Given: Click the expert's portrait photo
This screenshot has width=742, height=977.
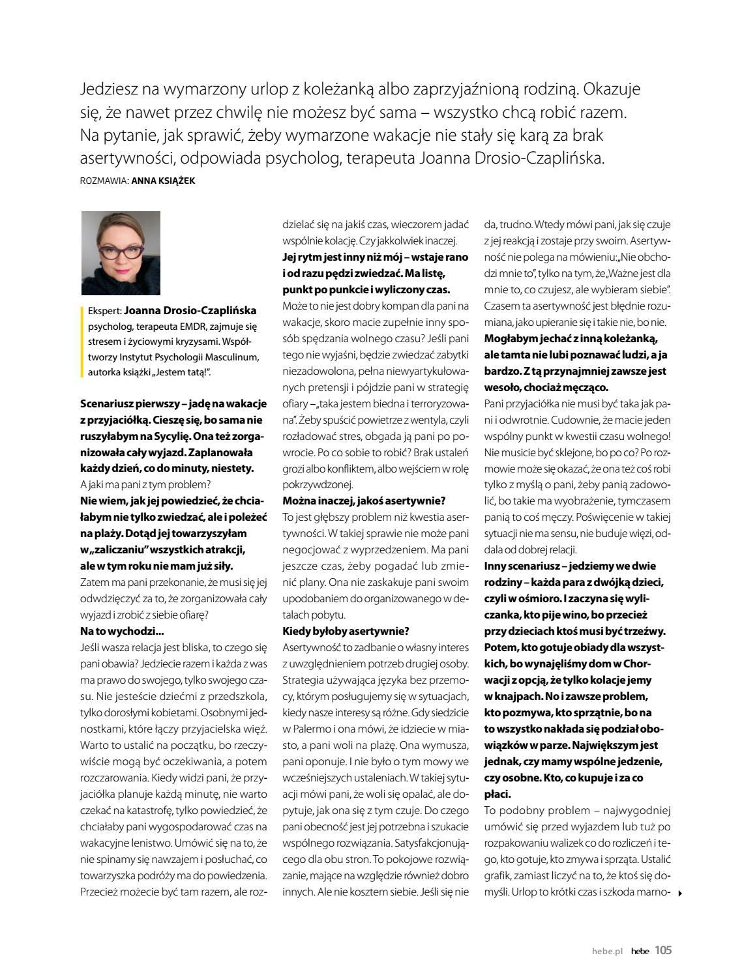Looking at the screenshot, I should tap(121, 253).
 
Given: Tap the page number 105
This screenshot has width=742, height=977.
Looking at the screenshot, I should tap(663, 950).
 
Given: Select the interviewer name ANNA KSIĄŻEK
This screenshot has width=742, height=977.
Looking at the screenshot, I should tap(163, 181).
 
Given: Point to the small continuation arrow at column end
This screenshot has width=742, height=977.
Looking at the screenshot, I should tap(681, 893).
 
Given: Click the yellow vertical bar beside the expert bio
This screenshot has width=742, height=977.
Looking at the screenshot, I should tap(82, 342).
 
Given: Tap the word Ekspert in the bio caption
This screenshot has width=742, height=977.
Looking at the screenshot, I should tap(104, 311).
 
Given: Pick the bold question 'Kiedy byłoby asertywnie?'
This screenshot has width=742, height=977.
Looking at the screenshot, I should tap(346, 631).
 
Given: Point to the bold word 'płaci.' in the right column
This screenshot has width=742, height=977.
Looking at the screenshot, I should tap(497, 794).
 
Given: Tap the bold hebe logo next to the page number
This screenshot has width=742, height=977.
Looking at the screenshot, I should tap(640, 951).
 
